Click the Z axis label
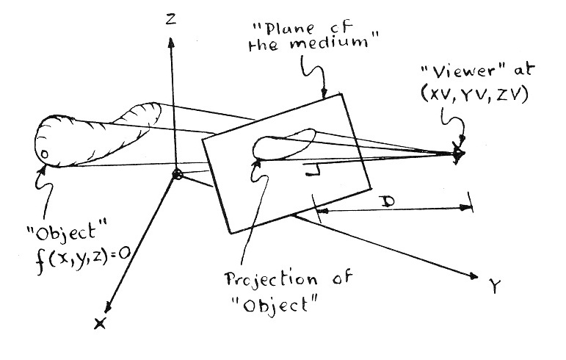(x=170, y=20)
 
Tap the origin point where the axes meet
(x=176, y=174)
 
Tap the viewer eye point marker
(x=459, y=154)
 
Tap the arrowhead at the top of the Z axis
(x=170, y=41)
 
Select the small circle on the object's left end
(x=43, y=155)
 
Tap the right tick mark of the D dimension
(x=471, y=205)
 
